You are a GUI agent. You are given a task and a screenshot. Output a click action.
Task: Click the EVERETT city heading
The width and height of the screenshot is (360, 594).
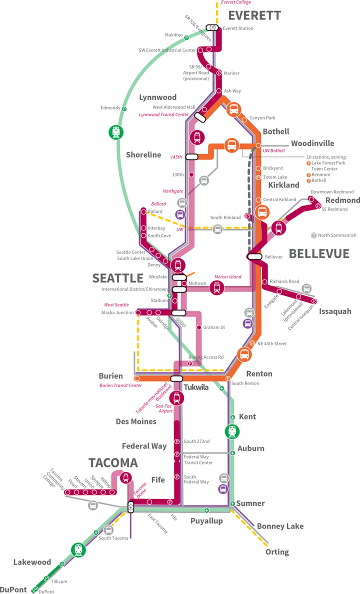254,15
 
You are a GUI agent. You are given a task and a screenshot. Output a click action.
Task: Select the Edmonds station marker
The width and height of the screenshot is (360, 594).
124,108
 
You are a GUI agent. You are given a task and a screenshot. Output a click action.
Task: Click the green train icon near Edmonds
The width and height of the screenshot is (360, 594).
116,132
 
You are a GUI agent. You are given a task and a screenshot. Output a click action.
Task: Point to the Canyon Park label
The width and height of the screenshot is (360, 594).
262,118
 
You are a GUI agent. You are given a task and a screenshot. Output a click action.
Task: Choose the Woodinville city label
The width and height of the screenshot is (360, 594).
312,143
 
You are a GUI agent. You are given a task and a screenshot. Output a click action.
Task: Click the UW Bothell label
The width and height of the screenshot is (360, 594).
273,150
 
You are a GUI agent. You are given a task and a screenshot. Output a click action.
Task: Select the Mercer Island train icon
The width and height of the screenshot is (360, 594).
217,287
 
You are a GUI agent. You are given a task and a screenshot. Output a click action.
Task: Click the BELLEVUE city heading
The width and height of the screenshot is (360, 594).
319,253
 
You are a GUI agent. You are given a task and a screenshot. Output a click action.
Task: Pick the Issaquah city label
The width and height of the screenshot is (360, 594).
335,311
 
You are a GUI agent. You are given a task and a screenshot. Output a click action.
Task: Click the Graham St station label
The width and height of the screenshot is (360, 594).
214,327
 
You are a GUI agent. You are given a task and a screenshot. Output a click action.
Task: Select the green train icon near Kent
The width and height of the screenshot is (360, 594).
231,430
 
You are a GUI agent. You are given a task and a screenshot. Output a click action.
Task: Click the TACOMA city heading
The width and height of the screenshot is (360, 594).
113,462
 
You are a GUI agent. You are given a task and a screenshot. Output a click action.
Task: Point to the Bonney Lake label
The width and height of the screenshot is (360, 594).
280,526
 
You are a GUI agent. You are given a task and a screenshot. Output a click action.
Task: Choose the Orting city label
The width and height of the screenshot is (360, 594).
277,552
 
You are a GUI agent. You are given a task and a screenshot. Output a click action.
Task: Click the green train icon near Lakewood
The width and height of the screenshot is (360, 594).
78,550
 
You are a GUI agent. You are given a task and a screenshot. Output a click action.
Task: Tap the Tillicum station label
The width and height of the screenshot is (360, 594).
58,581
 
